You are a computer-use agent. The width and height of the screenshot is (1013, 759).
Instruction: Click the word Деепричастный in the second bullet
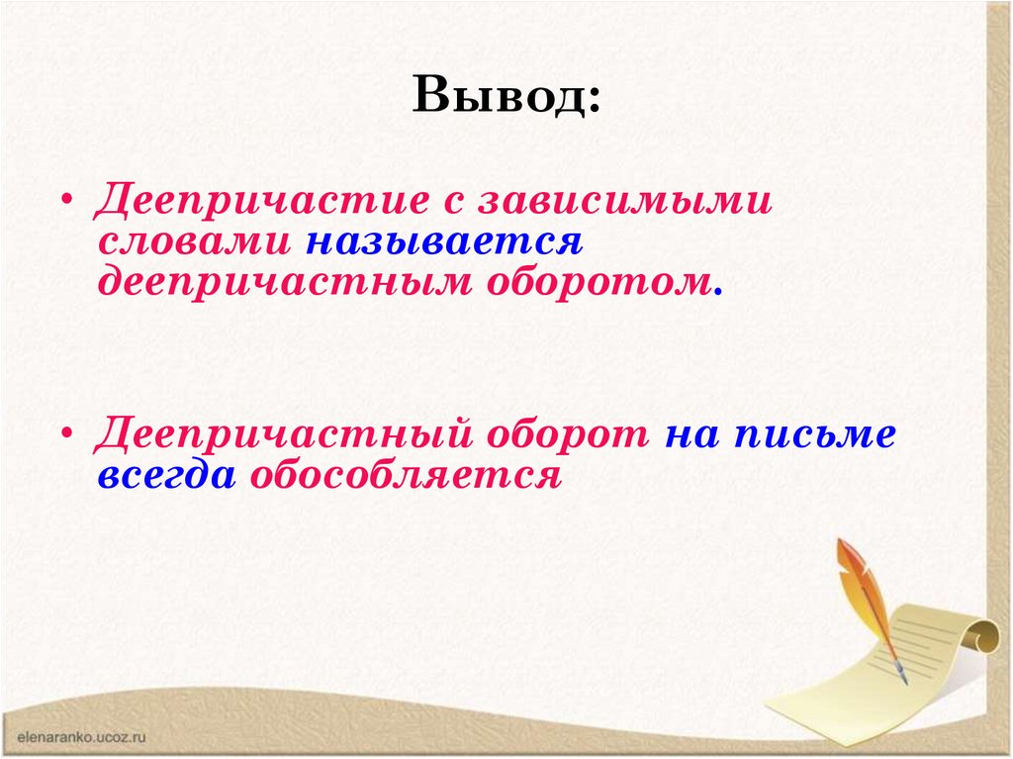click(x=280, y=434)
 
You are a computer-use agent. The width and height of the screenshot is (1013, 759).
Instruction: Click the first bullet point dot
click(x=67, y=200)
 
